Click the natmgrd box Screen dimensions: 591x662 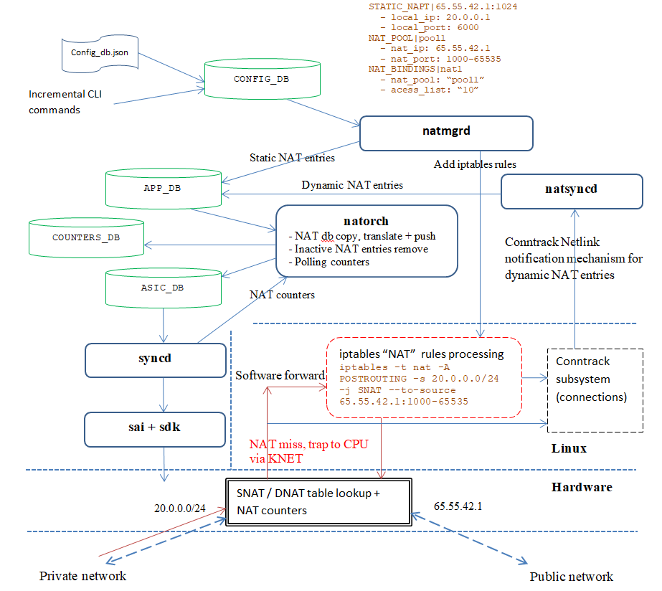(446, 133)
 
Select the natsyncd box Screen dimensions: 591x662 (571, 191)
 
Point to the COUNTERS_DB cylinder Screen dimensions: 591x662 (86, 237)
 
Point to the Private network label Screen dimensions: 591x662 (82, 576)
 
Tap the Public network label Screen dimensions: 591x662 (571, 577)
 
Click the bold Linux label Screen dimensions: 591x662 (569, 448)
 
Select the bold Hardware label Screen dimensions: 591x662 (582, 487)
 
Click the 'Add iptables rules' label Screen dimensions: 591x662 (475, 164)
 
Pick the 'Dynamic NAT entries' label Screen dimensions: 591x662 (352, 185)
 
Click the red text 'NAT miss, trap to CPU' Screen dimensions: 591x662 (308, 444)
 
